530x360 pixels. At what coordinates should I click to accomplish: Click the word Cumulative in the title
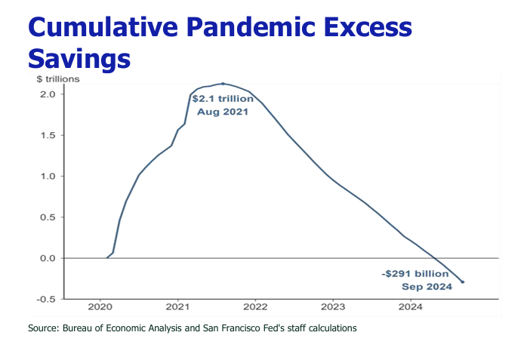click(x=97, y=27)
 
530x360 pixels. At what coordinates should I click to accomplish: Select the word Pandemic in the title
click(x=244, y=27)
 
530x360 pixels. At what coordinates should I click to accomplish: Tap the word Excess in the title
click(x=368, y=27)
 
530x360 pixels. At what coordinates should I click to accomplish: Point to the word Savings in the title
click(x=79, y=57)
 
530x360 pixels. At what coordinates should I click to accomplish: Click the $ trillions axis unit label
click(x=57, y=78)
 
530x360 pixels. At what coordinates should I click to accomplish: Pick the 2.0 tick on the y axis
click(x=48, y=94)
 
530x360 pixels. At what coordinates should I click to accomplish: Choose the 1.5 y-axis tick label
click(x=48, y=136)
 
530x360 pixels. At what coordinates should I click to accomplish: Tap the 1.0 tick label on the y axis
click(x=48, y=177)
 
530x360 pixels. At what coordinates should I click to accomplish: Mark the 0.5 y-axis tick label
click(x=48, y=217)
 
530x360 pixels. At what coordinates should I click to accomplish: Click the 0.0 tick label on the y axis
click(x=48, y=258)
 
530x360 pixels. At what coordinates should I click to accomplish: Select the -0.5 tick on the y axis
click(x=46, y=299)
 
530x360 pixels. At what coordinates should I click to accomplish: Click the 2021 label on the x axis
click(x=177, y=307)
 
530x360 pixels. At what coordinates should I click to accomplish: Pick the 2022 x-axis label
click(x=255, y=307)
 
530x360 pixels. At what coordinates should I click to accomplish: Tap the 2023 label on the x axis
click(x=333, y=307)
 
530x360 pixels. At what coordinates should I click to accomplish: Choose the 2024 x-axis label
click(x=411, y=307)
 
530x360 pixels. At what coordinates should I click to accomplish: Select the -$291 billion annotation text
click(x=416, y=273)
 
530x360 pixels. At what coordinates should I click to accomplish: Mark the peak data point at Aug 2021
click(x=223, y=84)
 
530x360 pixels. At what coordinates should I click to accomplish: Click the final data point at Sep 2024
click(x=462, y=282)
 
